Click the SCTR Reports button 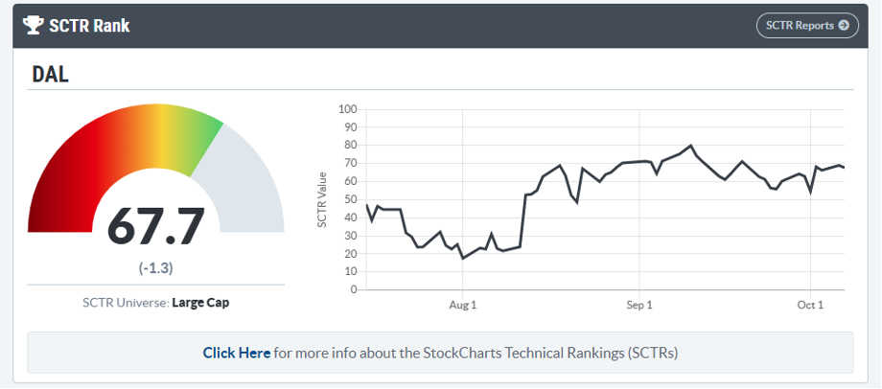(807, 26)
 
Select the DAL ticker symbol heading (51, 75)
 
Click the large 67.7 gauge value (156, 226)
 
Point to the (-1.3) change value (155, 267)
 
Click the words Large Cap (200, 303)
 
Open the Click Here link (237, 353)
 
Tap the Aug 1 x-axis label (462, 305)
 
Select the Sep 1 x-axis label (638, 305)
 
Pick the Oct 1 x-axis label (810, 305)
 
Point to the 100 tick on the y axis (347, 109)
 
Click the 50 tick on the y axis (350, 199)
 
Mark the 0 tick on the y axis (353, 289)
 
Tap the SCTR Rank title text (91, 26)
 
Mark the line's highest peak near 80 (690, 146)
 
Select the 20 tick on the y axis (350, 254)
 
